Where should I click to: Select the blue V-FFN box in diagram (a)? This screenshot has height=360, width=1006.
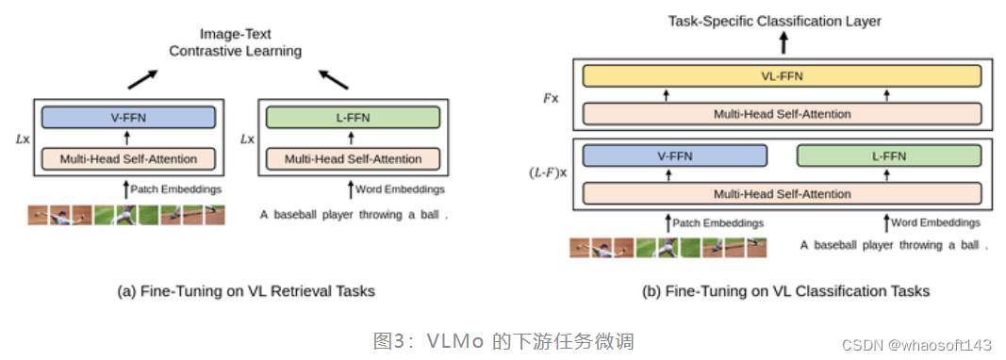pos(128,118)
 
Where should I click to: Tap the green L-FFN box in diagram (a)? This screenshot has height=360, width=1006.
pos(353,118)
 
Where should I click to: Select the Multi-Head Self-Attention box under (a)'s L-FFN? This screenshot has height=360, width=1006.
pos(353,158)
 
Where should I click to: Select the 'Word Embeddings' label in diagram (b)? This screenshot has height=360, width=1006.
pos(936,222)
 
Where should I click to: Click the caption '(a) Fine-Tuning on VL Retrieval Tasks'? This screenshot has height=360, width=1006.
pos(246,291)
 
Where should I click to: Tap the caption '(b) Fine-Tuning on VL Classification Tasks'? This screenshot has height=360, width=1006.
pos(785,291)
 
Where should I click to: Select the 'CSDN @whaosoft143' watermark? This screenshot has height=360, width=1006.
pos(917,345)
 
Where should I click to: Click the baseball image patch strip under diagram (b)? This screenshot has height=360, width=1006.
pos(668,247)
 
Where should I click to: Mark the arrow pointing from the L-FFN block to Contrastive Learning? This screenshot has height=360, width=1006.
pos(333,82)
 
